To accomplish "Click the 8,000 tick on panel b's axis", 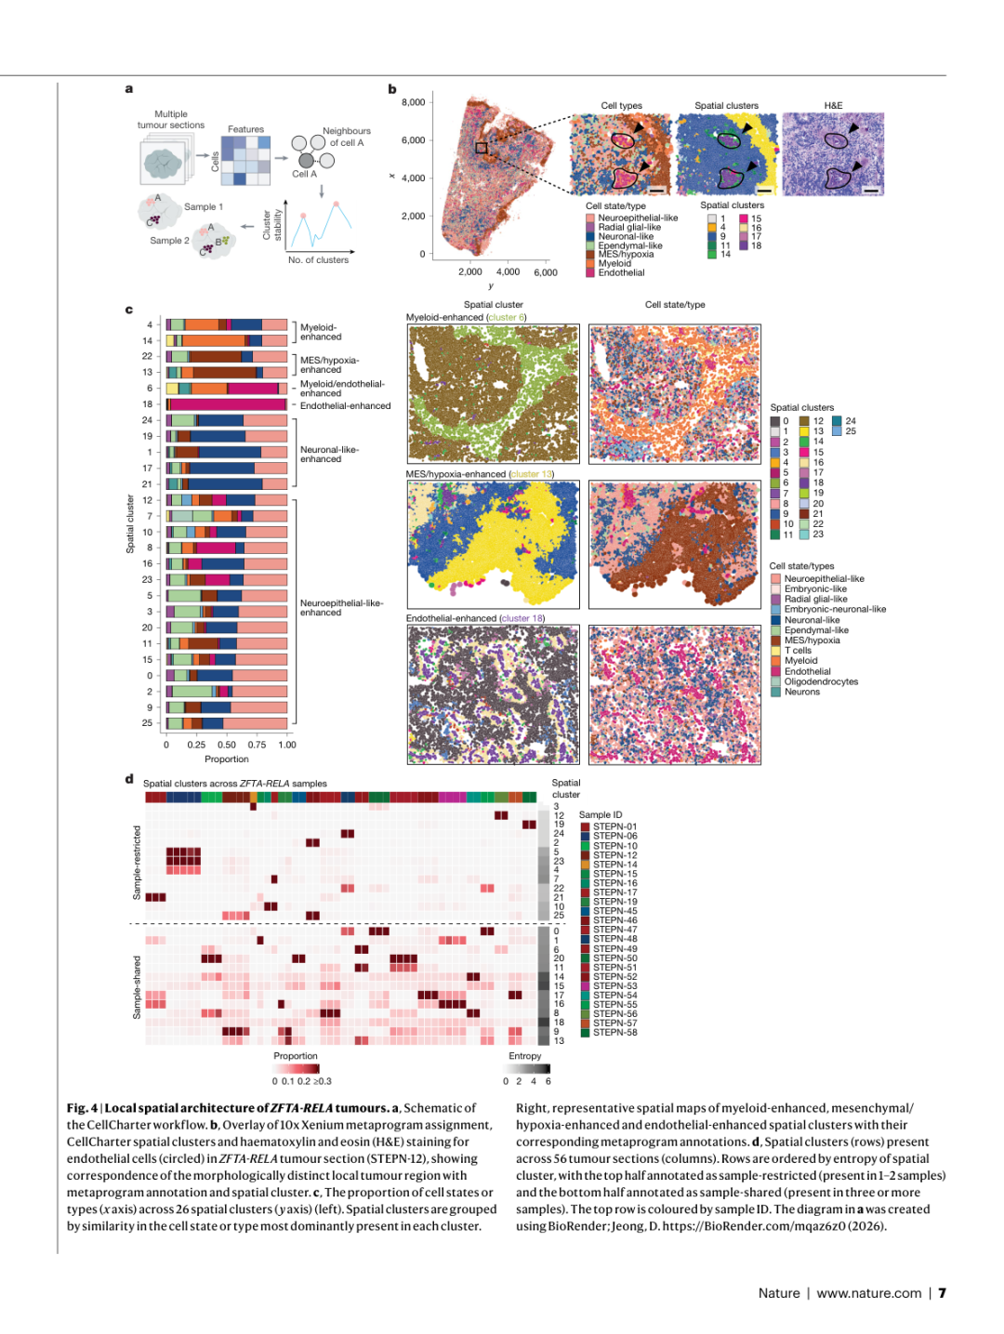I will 413,102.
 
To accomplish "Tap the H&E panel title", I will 833,106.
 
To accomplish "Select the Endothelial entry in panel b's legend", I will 621,273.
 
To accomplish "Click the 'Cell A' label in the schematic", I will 304,174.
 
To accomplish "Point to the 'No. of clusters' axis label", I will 318,260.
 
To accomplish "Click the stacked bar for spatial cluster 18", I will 226,404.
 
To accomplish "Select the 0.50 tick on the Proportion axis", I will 226,745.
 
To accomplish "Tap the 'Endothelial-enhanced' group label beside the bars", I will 345,406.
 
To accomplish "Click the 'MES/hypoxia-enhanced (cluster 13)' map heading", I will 480,474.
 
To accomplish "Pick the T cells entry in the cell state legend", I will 798,651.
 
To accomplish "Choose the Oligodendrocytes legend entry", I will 821,681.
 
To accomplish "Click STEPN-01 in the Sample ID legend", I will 614,826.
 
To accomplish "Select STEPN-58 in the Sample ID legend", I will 614,1033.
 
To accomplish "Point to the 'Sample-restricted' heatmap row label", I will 137,863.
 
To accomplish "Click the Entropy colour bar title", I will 524,1056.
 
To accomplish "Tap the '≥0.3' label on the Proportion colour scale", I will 323,1081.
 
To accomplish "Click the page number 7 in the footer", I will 942,1293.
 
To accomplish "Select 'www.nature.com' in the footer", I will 868,1293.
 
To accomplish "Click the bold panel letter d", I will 129,779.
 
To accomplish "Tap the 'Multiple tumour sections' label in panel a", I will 171,120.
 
